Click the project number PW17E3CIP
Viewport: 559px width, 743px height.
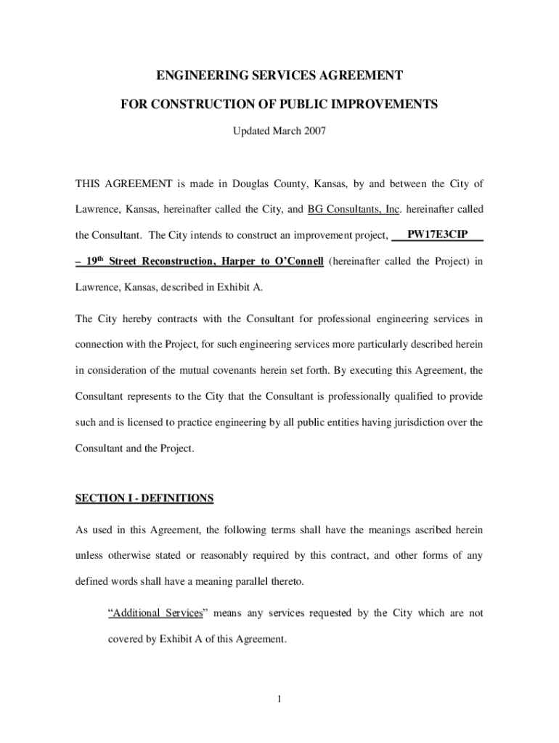tap(437, 235)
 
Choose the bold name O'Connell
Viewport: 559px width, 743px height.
tap(296, 261)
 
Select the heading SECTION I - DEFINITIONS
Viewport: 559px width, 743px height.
tap(144, 498)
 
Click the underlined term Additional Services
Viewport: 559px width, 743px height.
tap(155, 613)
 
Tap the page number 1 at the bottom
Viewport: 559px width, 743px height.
tap(279, 699)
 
